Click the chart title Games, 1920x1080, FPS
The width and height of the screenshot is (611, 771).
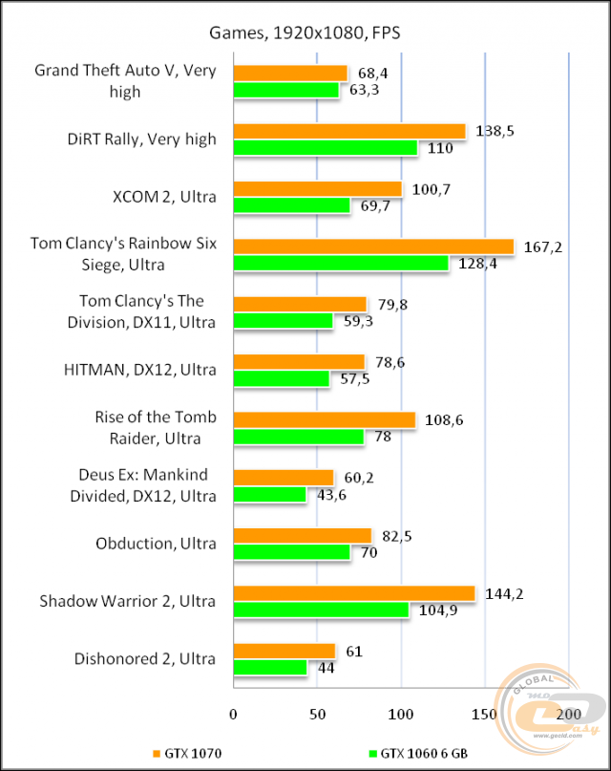point(305,33)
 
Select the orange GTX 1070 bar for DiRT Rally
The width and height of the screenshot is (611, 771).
point(349,131)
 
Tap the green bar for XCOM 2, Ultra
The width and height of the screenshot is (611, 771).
point(292,205)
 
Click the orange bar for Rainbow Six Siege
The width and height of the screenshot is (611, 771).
point(373,246)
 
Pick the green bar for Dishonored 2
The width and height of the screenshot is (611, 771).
point(270,668)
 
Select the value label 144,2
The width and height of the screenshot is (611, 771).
point(504,594)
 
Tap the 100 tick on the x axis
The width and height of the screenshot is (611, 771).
point(401,714)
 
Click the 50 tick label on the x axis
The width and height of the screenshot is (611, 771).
point(317,714)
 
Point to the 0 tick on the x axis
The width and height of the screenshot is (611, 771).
point(233,714)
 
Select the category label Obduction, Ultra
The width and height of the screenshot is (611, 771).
point(156,544)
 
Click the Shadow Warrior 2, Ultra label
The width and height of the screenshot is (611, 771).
point(128,601)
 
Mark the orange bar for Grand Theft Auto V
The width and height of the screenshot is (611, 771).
point(290,74)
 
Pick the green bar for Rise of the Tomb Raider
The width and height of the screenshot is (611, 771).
point(299,437)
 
